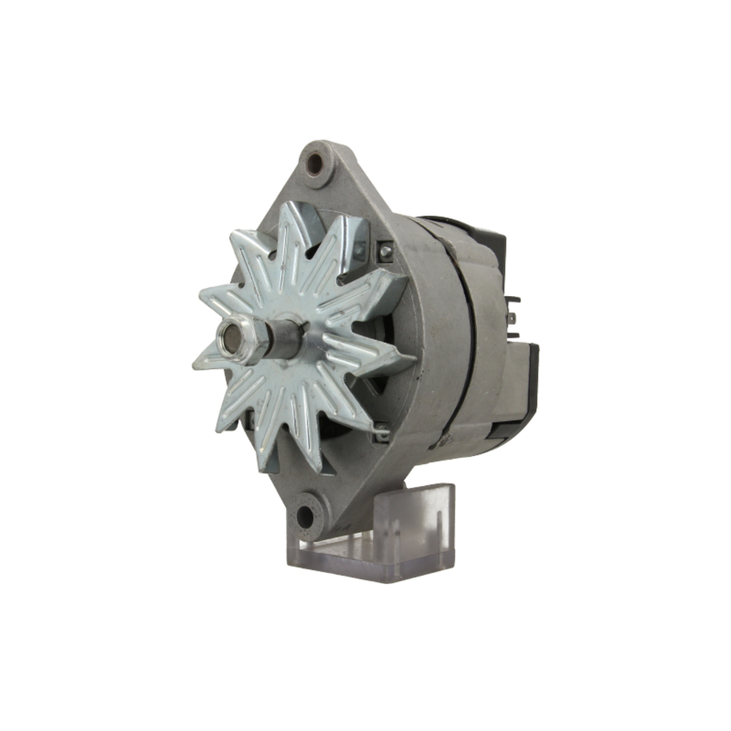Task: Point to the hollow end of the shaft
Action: tap(231, 336)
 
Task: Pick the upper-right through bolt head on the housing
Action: tap(385, 251)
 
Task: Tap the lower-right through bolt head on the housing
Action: tap(379, 433)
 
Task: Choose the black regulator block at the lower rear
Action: tap(523, 387)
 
